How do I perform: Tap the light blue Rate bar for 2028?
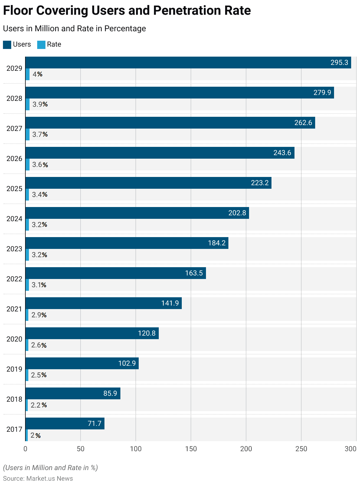click(27, 104)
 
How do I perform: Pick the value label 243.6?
click(282, 153)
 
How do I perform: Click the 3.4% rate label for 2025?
click(40, 195)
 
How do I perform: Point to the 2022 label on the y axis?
click(14, 279)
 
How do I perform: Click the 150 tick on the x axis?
click(191, 449)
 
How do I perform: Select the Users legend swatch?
click(7, 45)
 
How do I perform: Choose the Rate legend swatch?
click(41, 45)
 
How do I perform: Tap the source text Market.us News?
click(50, 478)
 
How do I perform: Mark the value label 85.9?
click(110, 393)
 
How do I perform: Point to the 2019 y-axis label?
click(14, 369)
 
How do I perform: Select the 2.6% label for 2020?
click(39, 345)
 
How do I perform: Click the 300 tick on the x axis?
click(351, 449)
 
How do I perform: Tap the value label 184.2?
click(217, 243)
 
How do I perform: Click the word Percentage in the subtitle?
click(125, 29)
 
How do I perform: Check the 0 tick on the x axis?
click(25, 449)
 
